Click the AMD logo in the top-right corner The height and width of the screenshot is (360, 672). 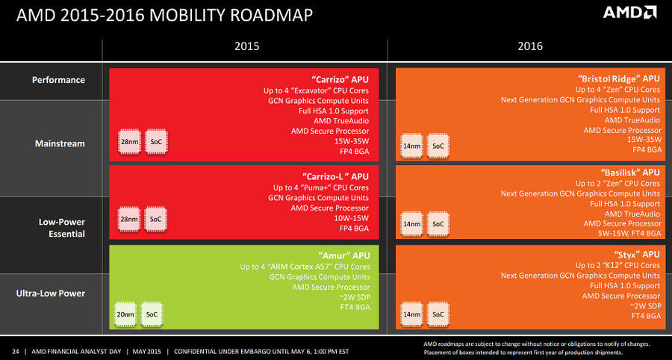629,13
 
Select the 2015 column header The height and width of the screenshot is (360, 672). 247,46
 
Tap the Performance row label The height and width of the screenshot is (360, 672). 58,80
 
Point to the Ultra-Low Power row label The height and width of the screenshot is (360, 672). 51,294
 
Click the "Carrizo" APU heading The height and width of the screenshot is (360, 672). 339,78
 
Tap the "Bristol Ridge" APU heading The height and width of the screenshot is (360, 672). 619,78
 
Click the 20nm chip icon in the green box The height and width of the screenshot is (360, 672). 125,314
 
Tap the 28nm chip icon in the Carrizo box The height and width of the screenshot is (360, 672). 129,141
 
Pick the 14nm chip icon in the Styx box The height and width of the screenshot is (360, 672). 411,314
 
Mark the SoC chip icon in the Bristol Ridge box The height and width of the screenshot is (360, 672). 438,146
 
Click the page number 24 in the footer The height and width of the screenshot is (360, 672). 16,350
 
